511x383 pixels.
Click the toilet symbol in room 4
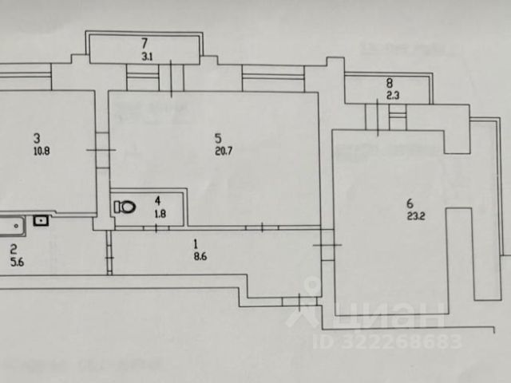(125, 207)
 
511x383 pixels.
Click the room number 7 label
(145, 43)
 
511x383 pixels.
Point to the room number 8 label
(389, 83)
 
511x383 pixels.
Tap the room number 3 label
(37, 137)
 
